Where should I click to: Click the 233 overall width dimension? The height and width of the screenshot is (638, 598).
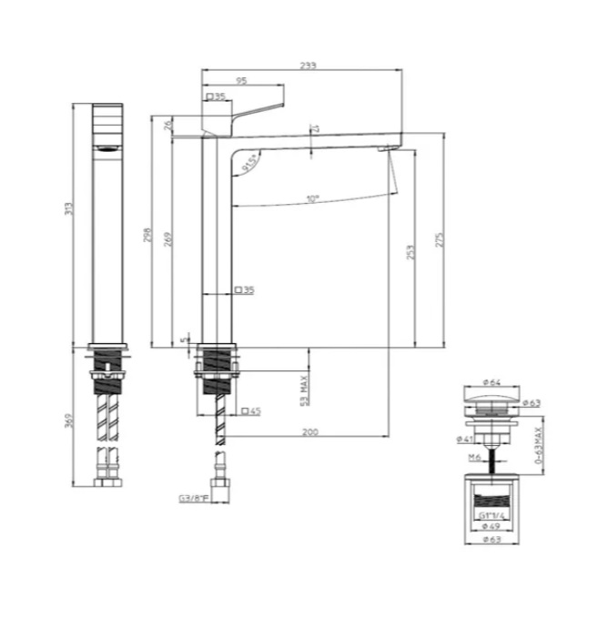tap(309, 65)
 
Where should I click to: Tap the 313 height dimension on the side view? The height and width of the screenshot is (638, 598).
tap(67, 209)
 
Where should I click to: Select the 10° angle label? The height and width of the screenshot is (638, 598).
tap(312, 197)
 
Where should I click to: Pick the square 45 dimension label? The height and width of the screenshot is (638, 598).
tap(251, 411)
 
